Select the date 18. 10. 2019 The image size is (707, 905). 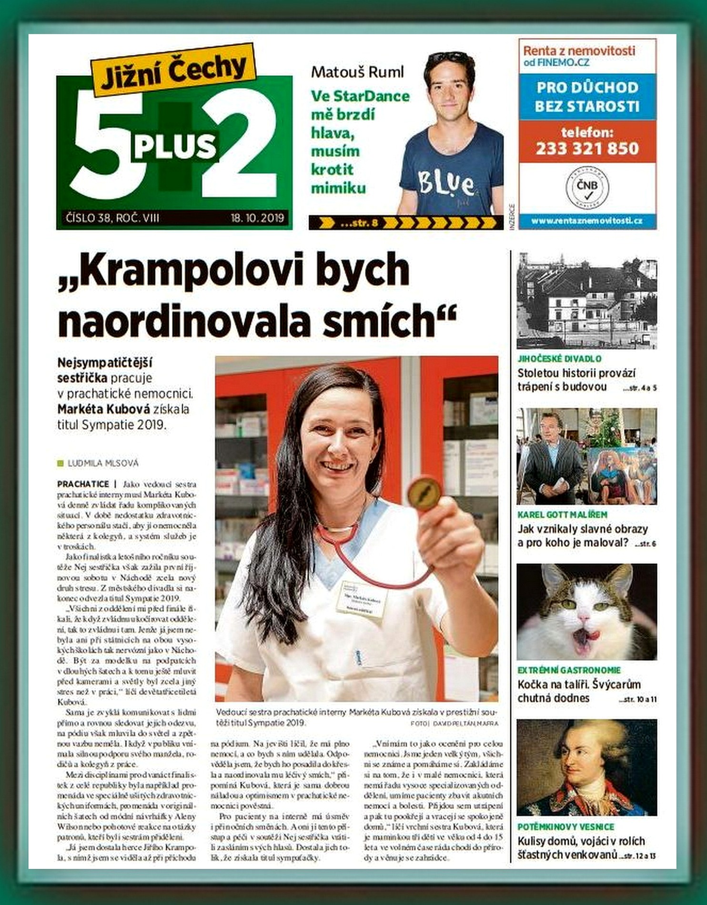coord(257,219)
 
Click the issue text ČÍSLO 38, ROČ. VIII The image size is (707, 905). coord(112,219)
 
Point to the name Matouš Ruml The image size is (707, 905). coord(357,72)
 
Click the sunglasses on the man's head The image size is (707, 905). coord(448,58)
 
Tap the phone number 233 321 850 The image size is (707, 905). coord(587,149)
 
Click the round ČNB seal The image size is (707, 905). coord(587,187)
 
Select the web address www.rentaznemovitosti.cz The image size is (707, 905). coord(587,221)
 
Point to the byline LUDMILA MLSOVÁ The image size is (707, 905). coord(103,463)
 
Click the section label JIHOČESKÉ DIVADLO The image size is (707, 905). coord(559,359)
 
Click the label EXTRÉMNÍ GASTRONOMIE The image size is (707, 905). coord(569,670)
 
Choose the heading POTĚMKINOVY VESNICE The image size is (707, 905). coord(566,826)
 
